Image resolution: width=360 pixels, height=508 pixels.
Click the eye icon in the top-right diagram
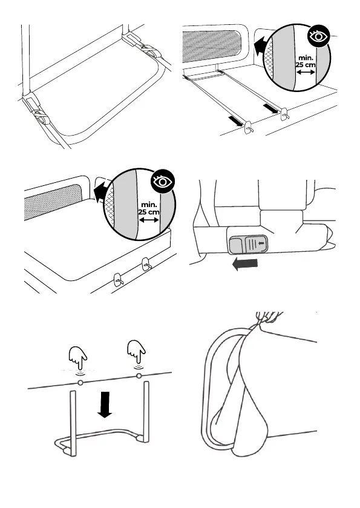tap(318, 36)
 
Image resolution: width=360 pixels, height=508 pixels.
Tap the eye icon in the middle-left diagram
tap(163, 181)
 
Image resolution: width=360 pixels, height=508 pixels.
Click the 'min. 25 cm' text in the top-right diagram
tap(306, 61)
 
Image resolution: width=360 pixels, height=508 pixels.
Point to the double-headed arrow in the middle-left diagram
tap(149, 220)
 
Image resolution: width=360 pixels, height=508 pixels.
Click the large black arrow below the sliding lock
tap(245, 264)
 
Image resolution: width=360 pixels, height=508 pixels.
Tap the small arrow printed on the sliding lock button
tap(262, 243)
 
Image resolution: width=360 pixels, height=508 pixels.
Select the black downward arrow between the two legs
tap(104, 404)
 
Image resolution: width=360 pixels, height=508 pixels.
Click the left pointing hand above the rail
tap(77, 357)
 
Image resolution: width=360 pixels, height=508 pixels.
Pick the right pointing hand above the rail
tap(136, 352)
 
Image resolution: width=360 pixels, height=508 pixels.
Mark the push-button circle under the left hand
tap(80, 383)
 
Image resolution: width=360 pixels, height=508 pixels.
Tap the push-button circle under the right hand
tap(139, 376)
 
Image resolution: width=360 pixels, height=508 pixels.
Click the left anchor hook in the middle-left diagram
tap(118, 279)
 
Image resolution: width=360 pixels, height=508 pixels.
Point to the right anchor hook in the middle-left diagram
tap(146, 263)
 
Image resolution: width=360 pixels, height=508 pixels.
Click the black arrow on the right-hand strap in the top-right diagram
tap(270, 108)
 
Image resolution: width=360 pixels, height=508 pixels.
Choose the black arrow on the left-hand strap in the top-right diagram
tap(235, 121)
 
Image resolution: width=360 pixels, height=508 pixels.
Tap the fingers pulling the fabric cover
tap(269, 317)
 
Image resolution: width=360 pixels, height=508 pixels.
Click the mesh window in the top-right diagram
tap(212, 45)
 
